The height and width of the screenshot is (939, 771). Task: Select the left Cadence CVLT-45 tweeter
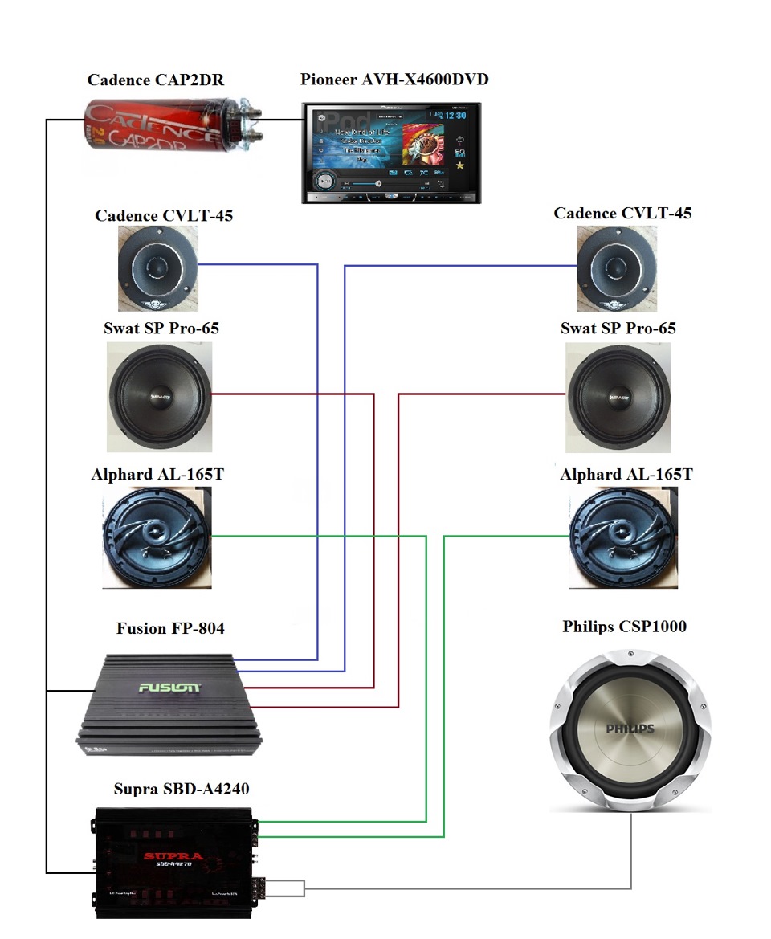[157, 268]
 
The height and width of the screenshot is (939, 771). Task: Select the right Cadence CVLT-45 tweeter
[617, 268]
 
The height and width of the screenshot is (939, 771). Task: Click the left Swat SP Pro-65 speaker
[159, 396]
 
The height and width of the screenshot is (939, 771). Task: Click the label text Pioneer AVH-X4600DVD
[394, 80]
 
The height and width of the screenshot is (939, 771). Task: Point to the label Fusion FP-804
[170, 628]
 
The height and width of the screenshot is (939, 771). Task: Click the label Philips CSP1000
[624, 626]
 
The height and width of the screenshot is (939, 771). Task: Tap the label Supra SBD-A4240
[181, 789]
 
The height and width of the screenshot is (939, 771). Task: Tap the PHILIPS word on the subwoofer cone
[630, 729]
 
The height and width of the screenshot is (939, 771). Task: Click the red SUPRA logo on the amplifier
[172, 856]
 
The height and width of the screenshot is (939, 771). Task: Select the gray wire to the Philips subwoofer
[466, 888]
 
